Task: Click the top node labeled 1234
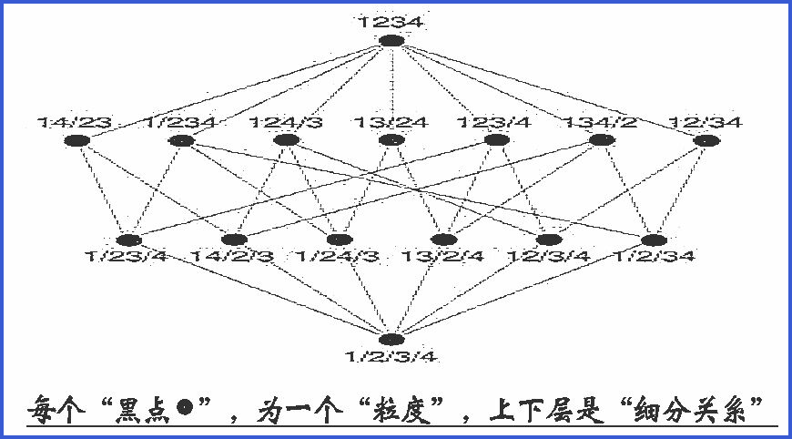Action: pos(391,40)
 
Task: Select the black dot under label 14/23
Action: pos(77,140)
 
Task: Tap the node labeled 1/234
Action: pos(182,140)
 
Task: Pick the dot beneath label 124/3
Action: pos(287,139)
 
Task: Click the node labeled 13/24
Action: pos(391,140)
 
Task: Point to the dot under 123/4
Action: pos(496,140)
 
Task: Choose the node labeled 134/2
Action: pos(601,140)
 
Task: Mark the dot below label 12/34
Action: pos(706,140)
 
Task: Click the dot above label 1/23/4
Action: pos(129,240)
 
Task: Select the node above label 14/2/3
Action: pos(234,240)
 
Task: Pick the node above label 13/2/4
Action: pos(443,240)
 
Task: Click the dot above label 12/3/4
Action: pos(548,240)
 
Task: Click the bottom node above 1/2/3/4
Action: pos(391,340)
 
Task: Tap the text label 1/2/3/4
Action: pos(391,356)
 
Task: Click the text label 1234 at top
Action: pos(391,22)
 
